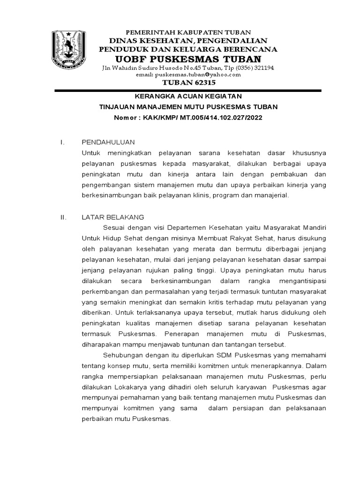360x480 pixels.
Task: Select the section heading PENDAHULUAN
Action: pyautogui.click(x=108, y=142)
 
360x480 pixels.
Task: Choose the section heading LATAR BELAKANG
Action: pyautogui.click(x=112, y=217)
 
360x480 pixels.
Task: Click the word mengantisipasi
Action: pyautogui.click(x=300, y=281)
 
